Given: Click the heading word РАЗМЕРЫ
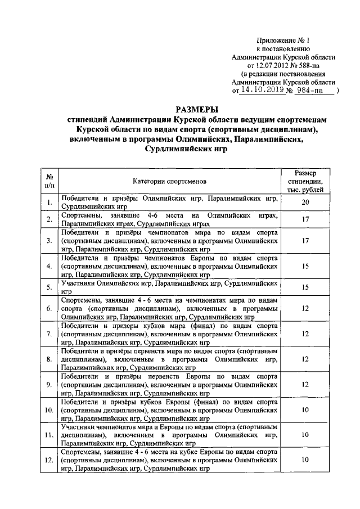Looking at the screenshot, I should point(197,109).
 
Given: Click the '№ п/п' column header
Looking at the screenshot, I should point(49,181).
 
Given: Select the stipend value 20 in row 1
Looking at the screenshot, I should point(305,202).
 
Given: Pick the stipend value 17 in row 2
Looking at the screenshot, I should point(305,219).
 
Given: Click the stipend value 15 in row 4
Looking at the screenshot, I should point(305,266).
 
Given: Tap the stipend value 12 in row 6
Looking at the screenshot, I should point(305,309).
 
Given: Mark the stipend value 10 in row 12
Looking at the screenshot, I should point(305,460).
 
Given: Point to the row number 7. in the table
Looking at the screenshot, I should point(49,334).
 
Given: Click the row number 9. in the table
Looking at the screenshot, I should point(49,385).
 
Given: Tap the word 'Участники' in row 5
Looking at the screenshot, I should point(80,285).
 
